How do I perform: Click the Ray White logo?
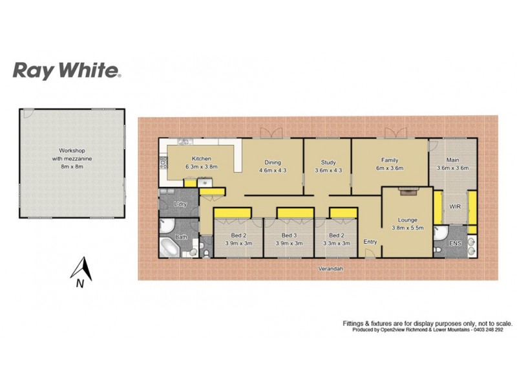[x=67, y=70]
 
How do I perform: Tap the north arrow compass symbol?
[x=80, y=271]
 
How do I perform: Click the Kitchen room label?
[x=202, y=159]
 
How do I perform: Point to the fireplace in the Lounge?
[x=407, y=190]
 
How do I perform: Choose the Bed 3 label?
[x=288, y=235]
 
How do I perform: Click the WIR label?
[x=455, y=207]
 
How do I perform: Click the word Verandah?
[x=330, y=269]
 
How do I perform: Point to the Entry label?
[x=370, y=242]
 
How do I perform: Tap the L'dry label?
[x=180, y=204]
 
